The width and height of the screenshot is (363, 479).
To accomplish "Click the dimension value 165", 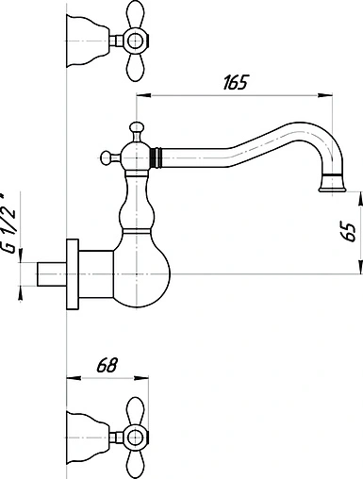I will (x=236, y=83).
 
